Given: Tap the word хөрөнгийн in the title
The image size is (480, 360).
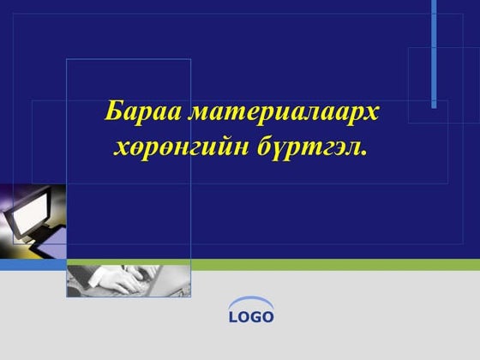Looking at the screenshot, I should tap(181, 147).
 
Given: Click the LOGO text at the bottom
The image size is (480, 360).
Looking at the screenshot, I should tap(251, 318).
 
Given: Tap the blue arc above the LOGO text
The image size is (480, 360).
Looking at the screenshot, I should tap(251, 303).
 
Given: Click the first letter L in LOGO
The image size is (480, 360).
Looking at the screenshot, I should tap(232, 318).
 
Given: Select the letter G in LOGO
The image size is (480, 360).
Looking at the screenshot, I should tap(256, 318).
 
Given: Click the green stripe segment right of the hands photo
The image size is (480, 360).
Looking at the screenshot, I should tap(334, 265).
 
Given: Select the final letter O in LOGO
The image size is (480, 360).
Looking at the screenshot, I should tap(269, 318).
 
